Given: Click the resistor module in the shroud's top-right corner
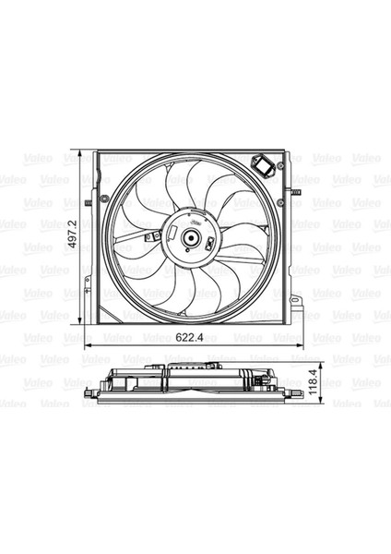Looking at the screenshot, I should pos(267,166).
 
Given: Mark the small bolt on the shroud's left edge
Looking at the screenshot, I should pos(87,203).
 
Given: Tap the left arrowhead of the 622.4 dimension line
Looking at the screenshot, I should pos(87,345).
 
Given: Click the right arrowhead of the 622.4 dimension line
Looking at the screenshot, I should pos(302,345).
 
